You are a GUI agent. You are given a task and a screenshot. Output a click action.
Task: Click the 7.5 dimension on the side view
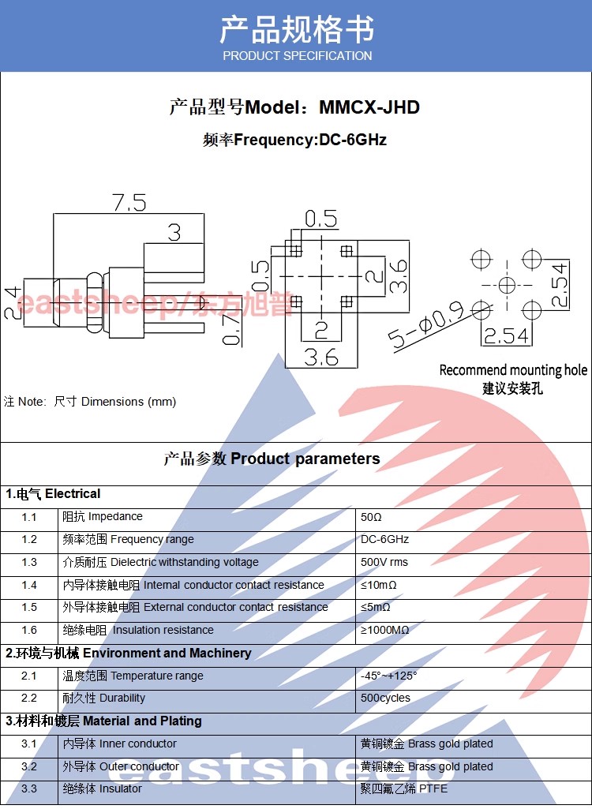tap(129, 203)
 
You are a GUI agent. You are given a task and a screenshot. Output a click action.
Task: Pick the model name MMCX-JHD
tap(369, 107)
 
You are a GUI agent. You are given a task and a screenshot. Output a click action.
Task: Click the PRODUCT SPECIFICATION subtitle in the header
tap(297, 56)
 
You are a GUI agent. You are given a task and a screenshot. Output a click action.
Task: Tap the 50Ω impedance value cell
tap(371, 517)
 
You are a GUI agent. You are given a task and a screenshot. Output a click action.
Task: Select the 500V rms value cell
tap(384, 563)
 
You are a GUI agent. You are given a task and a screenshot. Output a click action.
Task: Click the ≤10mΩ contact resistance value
tap(379, 586)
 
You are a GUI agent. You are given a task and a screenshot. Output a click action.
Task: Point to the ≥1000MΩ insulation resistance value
tap(385, 631)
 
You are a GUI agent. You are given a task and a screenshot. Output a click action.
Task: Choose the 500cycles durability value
tap(385, 699)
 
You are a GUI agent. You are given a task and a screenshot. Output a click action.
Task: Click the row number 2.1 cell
tap(29, 676)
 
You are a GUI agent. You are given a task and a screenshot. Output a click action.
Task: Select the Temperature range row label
tap(133, 676)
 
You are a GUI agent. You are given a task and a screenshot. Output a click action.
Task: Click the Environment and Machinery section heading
tap(129, 654)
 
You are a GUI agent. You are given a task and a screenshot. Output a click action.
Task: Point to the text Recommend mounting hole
tap(513, 370)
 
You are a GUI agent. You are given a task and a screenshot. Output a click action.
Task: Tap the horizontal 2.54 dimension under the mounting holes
tap(505, 337)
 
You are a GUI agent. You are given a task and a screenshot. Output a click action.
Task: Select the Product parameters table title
tap(272, 459)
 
